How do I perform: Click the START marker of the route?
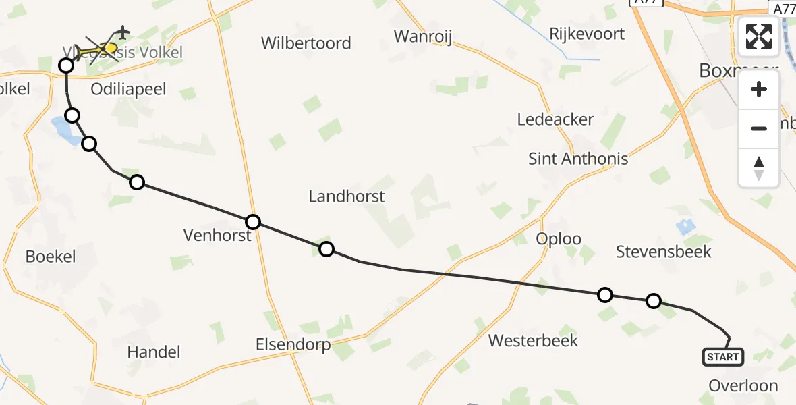pyautogui.click(x=723, y=356)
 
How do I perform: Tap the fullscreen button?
pyautogui.click(x=759, y=36)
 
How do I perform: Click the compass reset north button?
pyautogui.click(x=759, y=167)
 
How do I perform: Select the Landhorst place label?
pyautogui.click(x=346, y=196)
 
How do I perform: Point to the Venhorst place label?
pyautogui.click(x=217, y=235)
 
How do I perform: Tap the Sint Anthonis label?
pyautogui.click(x=578, y=159)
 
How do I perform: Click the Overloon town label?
pyautogui.click(x=743, y=386)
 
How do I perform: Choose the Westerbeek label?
pyautogui.click(x=533, y=340)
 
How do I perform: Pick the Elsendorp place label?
pyautogui.click(x=293, y=345)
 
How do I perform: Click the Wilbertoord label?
pyautogui.click(x=306, y=43)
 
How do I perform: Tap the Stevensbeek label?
pyautogui.click(x=664, y=252)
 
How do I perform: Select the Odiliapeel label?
pyautogui.click(x=127, y=90)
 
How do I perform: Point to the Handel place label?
pyautogui.click(x=154, y=352)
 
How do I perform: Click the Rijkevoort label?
pyautogui.click(x=587, y=34)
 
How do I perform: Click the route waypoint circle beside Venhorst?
pyautogui.click(x=253, y=222)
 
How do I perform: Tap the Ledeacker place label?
pyautogui.click(x=555, y=119)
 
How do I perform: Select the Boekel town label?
pyautogui.click(x=51, y=256)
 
